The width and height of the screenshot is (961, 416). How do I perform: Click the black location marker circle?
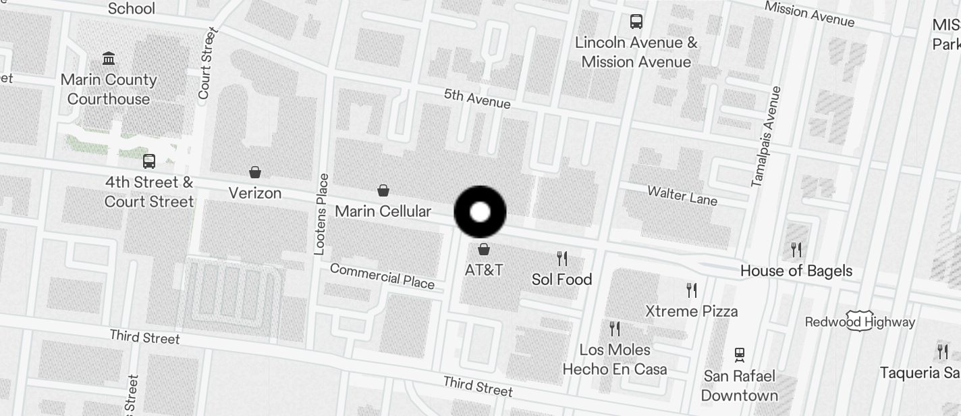pos(480,212)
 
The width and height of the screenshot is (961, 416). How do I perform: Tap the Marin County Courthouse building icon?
pos(109,58)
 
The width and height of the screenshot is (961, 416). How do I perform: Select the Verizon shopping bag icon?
pos(255,172)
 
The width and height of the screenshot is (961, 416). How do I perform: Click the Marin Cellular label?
pos(383,211)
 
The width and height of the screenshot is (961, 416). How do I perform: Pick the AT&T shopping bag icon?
pos(483,249)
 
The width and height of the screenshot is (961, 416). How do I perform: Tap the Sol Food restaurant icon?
pos(561,258)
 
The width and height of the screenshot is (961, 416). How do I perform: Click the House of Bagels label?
pos(796,271)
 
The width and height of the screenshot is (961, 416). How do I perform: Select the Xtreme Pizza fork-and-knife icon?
pos(692,290)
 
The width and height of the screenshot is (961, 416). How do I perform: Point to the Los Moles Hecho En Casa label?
pos(614,359)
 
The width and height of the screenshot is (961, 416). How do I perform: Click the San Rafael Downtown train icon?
pos(740,355)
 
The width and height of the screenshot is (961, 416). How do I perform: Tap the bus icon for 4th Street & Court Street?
pos(149,161)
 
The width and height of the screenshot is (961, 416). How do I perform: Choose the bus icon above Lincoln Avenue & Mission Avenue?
pos(636,22)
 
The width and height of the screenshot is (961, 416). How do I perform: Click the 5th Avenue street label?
pos(477,99)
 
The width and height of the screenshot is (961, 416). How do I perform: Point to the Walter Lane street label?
pos(682,195)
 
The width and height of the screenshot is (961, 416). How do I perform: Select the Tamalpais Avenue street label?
pos(766,136)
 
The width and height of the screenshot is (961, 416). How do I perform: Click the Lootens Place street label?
pos(322,214)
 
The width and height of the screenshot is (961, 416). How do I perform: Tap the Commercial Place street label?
pos(382,276)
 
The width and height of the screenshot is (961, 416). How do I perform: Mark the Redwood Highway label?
pos(860,322)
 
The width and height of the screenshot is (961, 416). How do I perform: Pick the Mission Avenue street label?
pos(809,14)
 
